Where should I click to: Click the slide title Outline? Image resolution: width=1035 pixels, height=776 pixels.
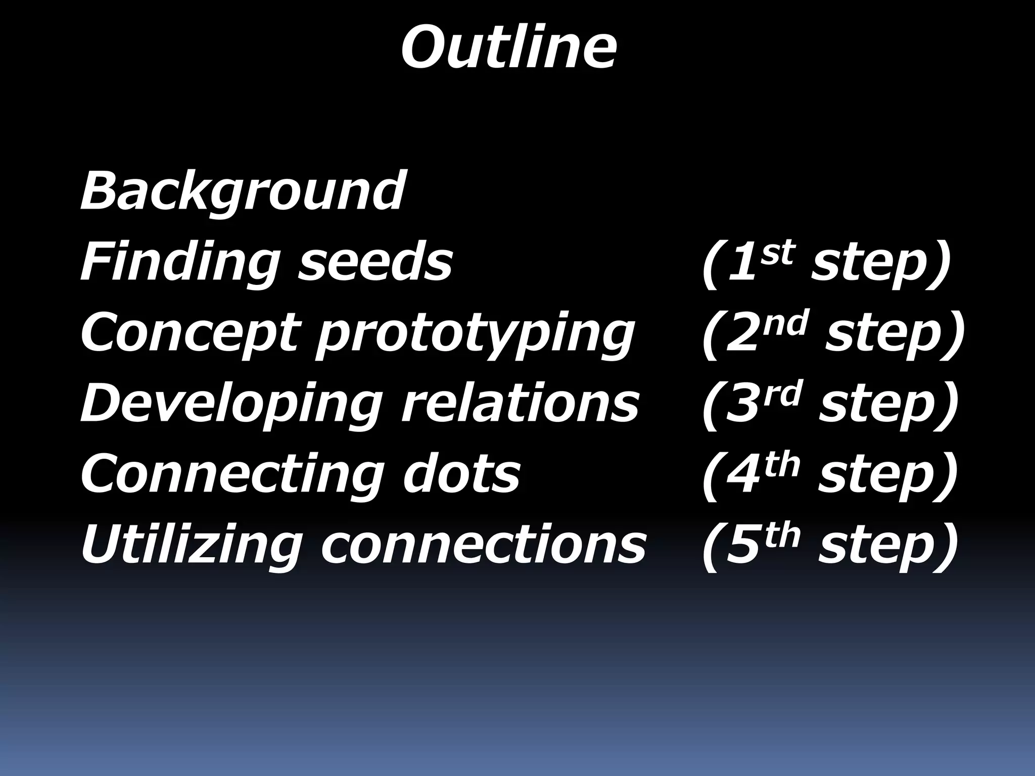point(508,48)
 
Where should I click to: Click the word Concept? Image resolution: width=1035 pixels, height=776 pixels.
point(187,333)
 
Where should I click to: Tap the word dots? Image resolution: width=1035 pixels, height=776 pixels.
point(461,474)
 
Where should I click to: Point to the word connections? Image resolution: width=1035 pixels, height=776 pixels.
point(483,546)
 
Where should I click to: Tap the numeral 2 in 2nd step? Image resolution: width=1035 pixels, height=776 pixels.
point(743,334)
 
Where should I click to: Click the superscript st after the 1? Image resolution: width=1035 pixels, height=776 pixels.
point(778,252)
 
